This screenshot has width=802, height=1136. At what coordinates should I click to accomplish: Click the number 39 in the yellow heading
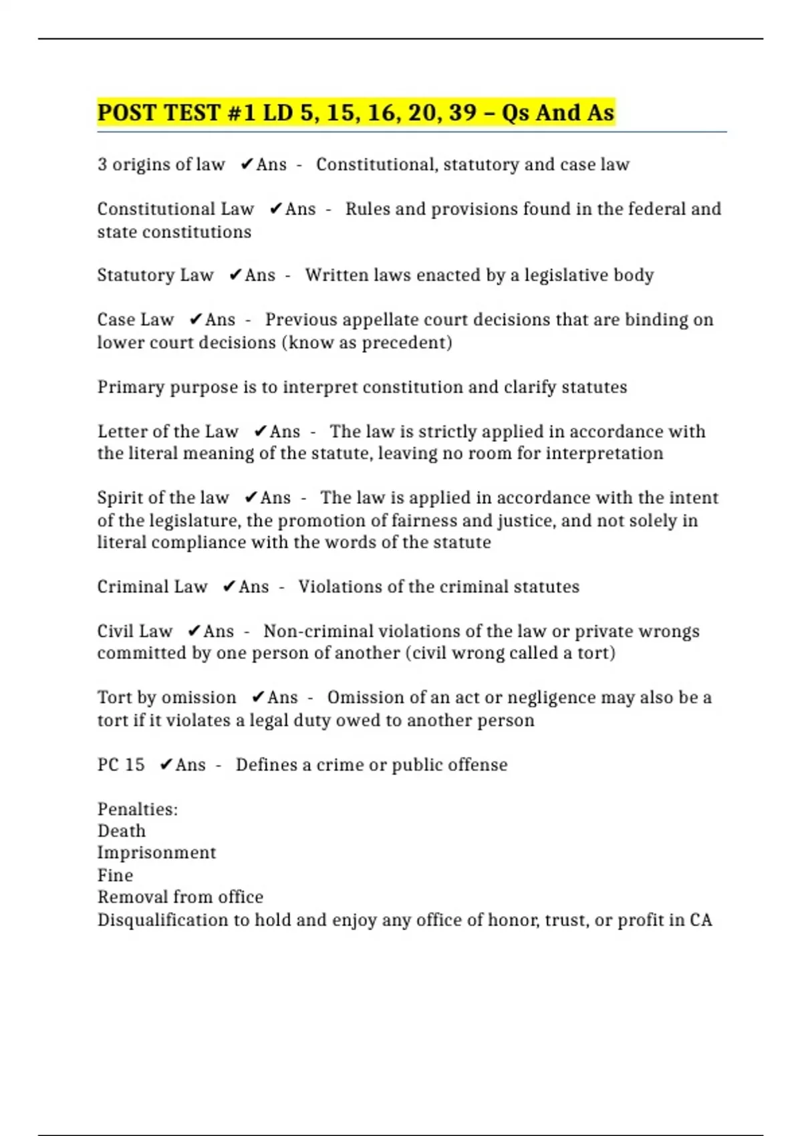462,112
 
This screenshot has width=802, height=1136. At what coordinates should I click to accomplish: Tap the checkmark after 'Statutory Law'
235,275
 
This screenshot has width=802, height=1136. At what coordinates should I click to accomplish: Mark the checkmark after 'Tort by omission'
258,698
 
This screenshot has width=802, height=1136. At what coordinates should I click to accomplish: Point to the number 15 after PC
134,764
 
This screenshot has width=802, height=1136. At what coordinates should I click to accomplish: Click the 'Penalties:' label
138,809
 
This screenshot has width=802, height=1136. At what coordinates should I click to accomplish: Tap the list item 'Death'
121,831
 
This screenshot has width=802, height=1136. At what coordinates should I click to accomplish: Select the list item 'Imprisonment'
156,853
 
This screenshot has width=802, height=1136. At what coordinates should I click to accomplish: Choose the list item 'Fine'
115,875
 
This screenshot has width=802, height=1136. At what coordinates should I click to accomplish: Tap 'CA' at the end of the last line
700,920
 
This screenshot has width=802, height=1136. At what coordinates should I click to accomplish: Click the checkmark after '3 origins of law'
247,164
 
